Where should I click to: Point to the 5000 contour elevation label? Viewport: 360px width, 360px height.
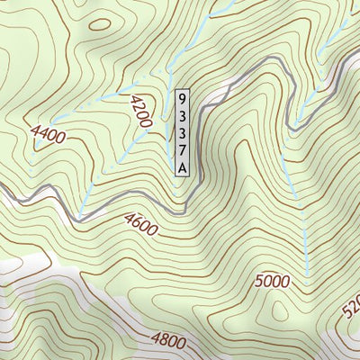pos(271,281)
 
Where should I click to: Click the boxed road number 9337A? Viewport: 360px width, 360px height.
pos(183,132)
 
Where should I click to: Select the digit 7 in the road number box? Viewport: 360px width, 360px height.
pos(183,149)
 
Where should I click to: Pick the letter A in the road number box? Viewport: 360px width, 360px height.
pos(183,166)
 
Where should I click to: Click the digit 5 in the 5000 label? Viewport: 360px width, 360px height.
pos(257,281)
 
